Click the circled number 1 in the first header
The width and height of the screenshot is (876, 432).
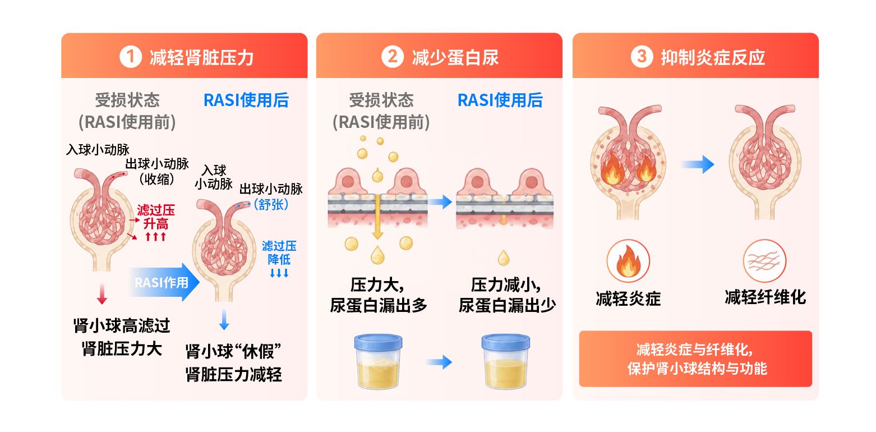130,57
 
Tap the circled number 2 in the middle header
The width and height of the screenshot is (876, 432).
392,57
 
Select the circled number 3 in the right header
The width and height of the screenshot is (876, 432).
642,57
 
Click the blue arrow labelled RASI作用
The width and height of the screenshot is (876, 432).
163,282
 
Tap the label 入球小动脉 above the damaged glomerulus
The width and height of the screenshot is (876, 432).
98,149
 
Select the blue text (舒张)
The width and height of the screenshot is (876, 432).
271,204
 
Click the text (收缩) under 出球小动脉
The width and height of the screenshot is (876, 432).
157,179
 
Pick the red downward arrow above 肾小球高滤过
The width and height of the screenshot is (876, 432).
102,294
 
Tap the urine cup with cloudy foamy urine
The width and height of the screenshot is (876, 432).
378,361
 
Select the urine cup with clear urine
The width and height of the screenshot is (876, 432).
506,361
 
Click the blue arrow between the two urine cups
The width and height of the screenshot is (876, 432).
439,362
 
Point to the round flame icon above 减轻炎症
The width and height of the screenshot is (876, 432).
628,261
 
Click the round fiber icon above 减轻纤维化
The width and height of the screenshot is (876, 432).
764,261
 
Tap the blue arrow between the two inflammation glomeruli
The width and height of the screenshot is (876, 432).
698,164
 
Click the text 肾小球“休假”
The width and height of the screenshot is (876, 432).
233,351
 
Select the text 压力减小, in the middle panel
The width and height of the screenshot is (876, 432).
506,285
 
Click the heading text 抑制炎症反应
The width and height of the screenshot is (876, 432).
713,58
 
